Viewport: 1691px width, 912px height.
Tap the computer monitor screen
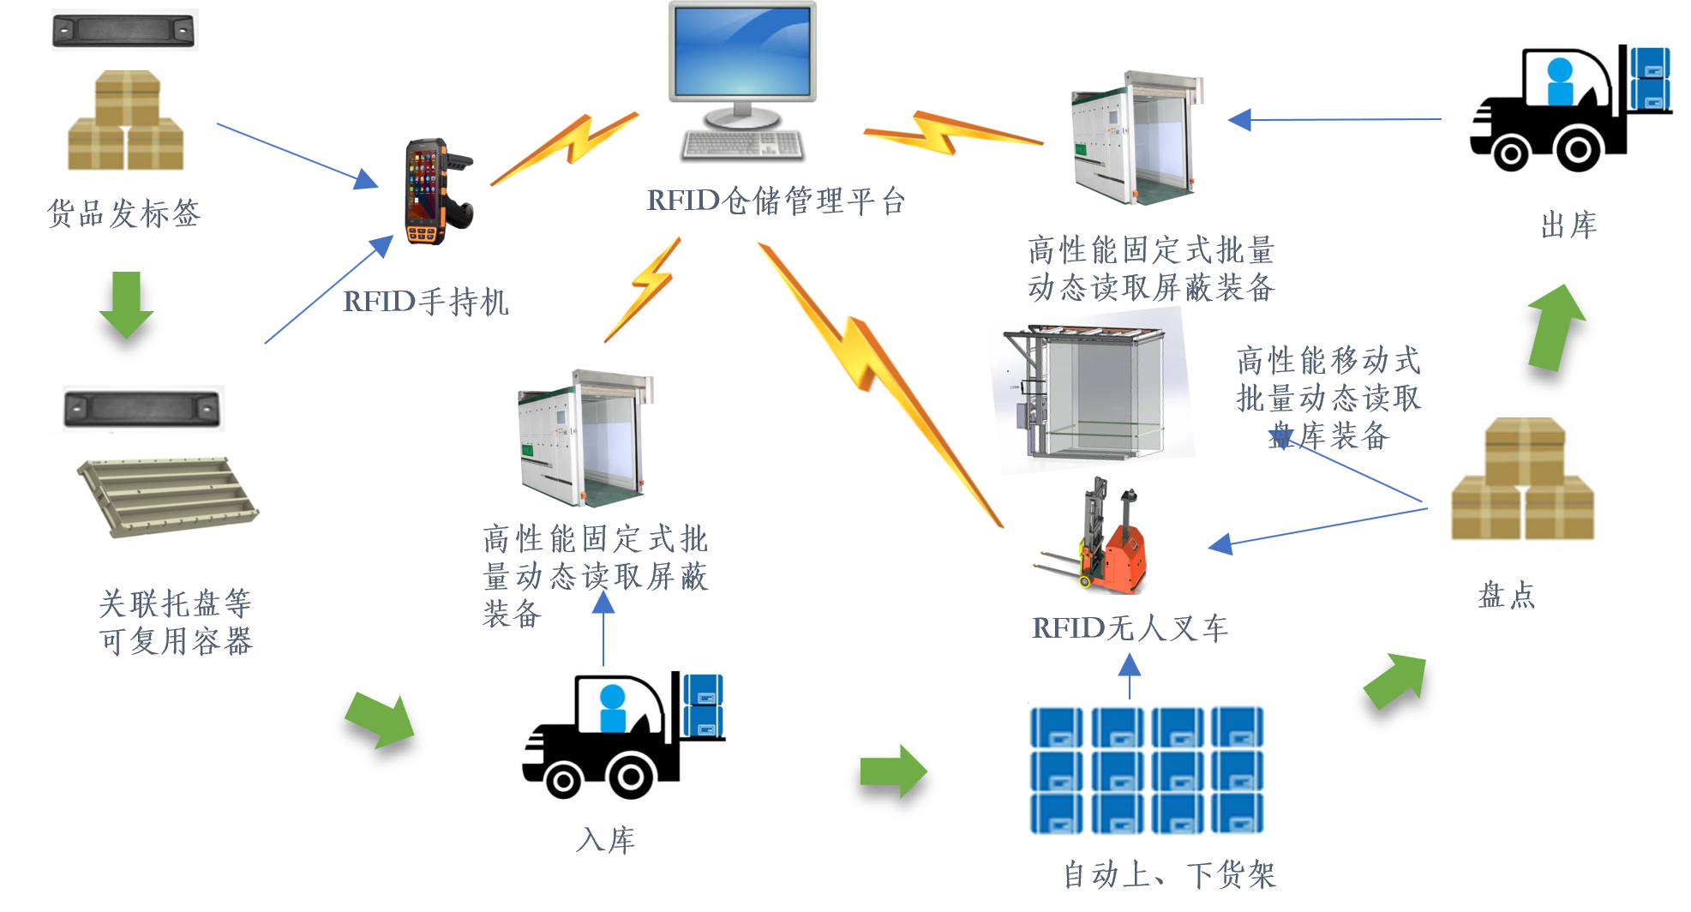[x=742, y=51]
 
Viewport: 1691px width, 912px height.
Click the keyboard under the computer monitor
[x=742, y=145]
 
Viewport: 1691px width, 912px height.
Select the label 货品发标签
[x=123, y=213]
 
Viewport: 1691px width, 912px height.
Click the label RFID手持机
[x=426, y=302]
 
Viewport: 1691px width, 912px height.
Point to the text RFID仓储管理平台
[x=776, y=200]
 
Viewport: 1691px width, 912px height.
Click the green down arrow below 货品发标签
[x=126, y=304]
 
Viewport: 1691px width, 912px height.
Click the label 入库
[x=606, y=840]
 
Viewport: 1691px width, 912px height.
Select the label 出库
[x=1568, y=225]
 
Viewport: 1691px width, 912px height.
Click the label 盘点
[x=1506, y=595]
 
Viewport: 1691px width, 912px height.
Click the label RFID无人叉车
[x=1130, y=628]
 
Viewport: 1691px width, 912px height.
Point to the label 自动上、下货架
[x=1169, y=875]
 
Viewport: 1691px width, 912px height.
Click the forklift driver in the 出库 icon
[x=1561, y=82]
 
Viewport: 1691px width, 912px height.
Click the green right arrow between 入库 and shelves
[x=893, y=771]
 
